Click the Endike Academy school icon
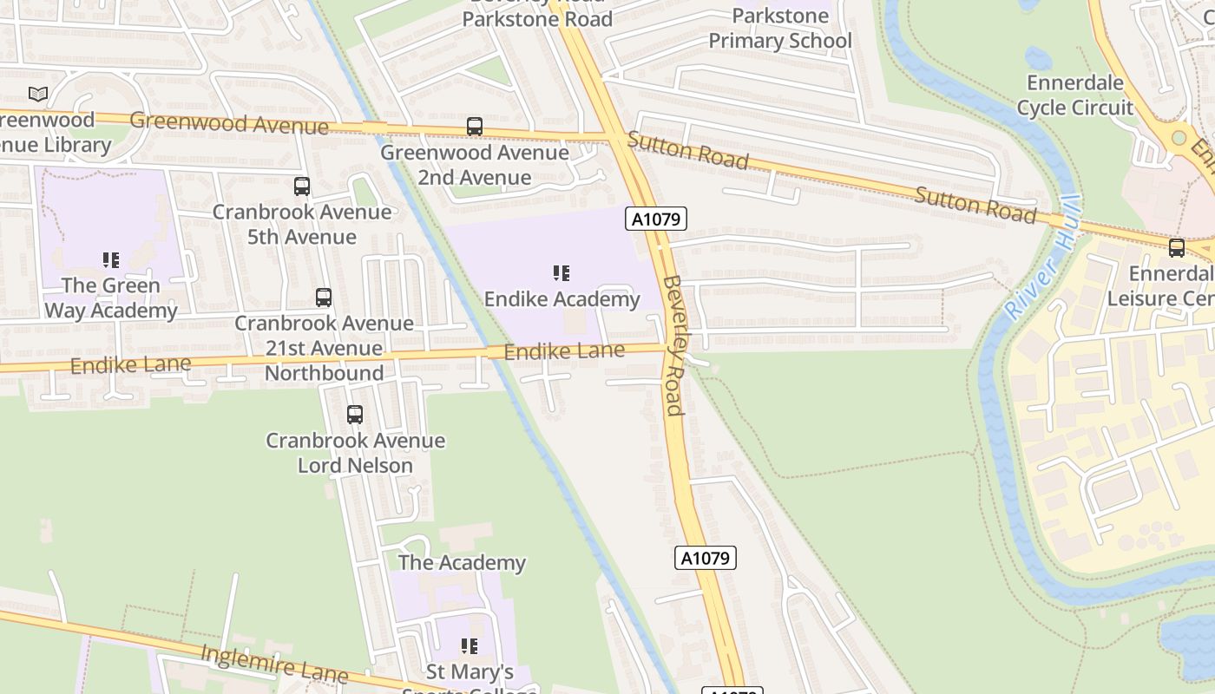click(562, 274)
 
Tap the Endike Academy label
click(562, 299)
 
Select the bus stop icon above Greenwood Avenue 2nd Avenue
click(475, 127)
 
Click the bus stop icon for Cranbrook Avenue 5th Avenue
click(302, 186)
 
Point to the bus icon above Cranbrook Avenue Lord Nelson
click(355, 415)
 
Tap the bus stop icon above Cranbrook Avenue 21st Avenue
click(324, 298)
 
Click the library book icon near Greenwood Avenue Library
click(38, 94)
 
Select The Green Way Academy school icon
click(111, 260)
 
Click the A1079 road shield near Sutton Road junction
click(656, 219)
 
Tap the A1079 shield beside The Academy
click(705, 558)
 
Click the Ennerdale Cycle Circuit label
click(1074, 95)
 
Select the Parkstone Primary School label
click(779, 29)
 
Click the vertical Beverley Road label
click(673, 344)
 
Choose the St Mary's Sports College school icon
click(469, 646)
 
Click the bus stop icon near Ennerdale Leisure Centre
click(1177, 248)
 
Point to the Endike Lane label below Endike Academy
click(564, 351)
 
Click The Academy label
click(462, 562)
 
